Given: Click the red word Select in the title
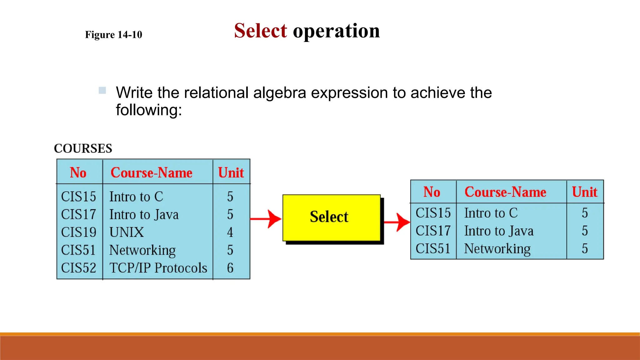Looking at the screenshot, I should pos(260,31).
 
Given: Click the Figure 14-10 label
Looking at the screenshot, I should pos(113,35).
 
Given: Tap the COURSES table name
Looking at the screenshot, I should pos(83,148).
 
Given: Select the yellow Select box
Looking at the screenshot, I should pos(331,217).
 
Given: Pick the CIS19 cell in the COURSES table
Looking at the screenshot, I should pos(79,232).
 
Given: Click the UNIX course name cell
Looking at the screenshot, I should pos(127,232).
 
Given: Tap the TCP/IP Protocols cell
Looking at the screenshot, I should pos(158,268).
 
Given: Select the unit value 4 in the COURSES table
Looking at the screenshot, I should pos(230,232).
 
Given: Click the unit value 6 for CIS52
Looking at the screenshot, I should pos(230,268).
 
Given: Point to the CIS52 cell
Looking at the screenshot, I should pos(79,268).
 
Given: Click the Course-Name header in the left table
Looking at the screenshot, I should pos(152,173).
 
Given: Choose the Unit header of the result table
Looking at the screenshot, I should pos(584,192).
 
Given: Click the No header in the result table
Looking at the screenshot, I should pos(432,192).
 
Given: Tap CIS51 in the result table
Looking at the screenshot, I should pos(433,249).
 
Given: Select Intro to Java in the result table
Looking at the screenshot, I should pos(499,231).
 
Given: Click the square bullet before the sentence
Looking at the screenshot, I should pos(102,91).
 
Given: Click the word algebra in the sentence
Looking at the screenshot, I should pos(279,93).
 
